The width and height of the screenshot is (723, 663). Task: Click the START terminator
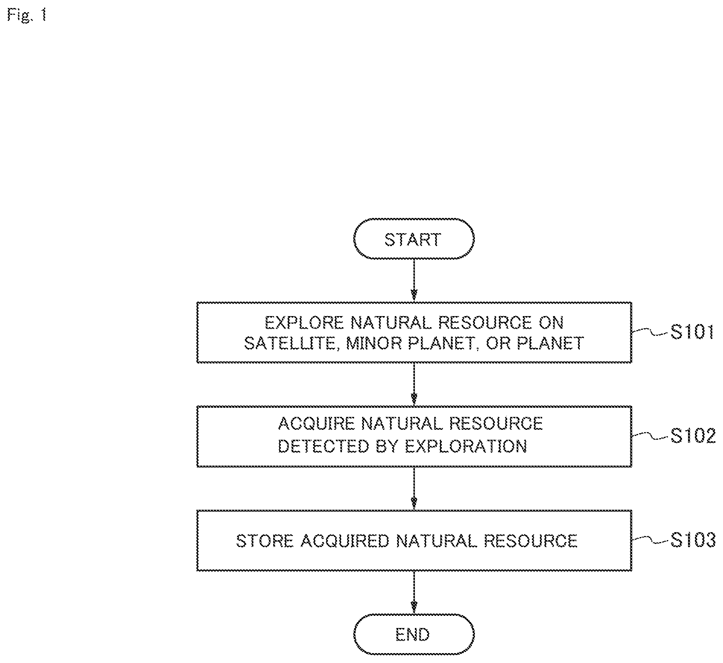[414, 239]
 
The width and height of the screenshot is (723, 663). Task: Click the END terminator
[414, 634]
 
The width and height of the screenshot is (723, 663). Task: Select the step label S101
[692, 332]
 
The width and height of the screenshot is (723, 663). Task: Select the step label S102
[693, 436]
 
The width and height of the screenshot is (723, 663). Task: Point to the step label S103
[693, 540]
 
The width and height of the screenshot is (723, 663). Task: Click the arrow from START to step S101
[414, 281]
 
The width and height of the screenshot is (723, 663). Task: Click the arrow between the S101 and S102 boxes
[414, 384]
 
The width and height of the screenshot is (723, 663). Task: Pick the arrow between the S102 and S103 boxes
[414, 488]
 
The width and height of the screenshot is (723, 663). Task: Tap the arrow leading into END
[414, 592]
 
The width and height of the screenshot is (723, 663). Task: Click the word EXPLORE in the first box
[304, 323]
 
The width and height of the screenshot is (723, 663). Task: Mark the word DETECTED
[323, 446]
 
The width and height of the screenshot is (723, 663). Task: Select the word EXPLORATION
[466, 446]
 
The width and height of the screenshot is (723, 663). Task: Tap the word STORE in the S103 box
[264, 541]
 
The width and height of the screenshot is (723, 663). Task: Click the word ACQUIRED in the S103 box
[345, 541]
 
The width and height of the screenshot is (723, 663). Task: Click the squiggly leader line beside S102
[650, 436]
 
